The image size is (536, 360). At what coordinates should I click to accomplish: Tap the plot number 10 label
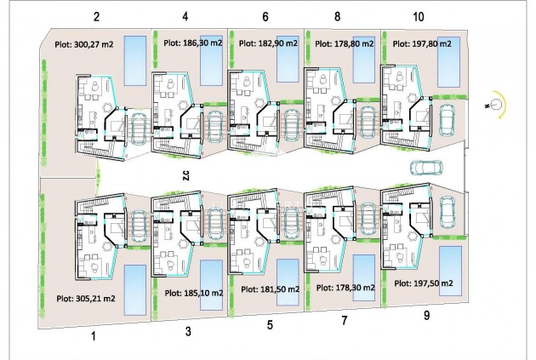[x=418, y=16]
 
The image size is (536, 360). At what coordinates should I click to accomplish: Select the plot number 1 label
[x=95, y=337]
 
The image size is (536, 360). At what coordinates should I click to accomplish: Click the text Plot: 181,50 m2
[x=269, y=289]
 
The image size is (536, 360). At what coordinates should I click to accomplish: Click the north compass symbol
[x=491, y=106]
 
